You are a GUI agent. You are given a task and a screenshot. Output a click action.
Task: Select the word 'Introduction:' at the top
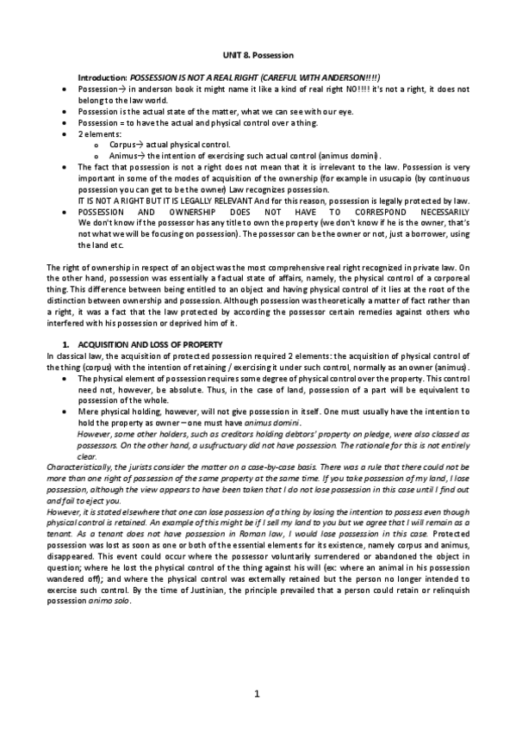click(103, 77)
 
